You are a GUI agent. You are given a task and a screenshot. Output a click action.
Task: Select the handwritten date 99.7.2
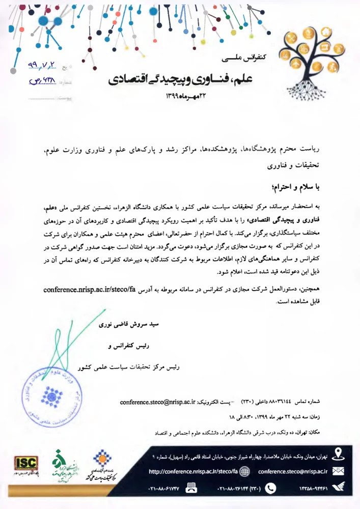(x=40, y=67)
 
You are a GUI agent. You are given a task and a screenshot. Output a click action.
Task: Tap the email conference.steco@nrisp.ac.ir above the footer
(x=158, y=402)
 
